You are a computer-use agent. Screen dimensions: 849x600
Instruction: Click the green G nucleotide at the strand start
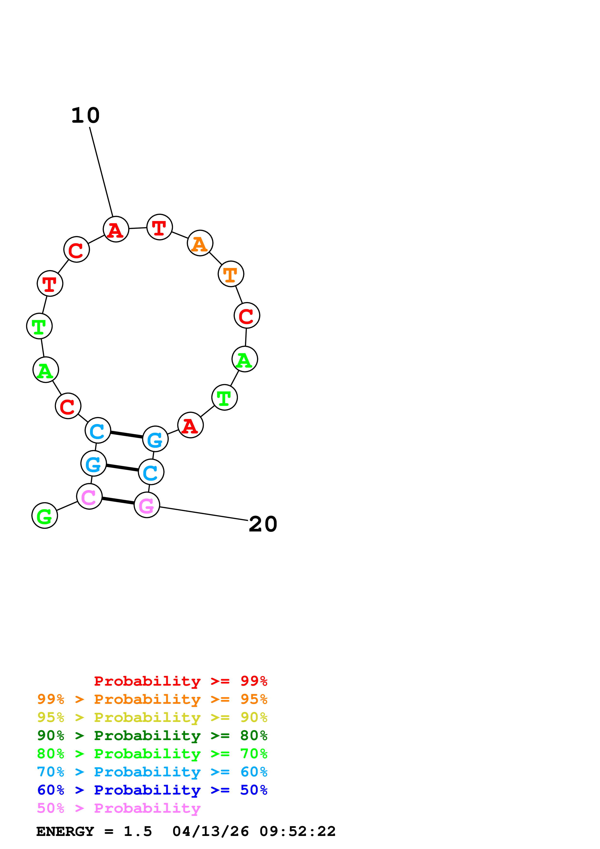coord(45,515)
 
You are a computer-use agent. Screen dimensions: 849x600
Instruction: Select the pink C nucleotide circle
coord(89,496)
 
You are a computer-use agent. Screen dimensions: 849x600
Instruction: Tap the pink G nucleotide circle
coord(147,505)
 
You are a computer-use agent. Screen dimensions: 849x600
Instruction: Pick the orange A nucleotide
coord(200,243)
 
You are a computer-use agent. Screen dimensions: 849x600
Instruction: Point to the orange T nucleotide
coord(231,274)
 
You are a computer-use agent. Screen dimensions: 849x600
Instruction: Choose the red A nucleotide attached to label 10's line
coord(116,229)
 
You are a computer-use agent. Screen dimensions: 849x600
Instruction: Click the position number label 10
coord(85,115)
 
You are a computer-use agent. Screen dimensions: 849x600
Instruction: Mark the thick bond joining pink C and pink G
coord(118,501)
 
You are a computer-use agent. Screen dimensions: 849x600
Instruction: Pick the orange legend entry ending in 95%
coord(152,699)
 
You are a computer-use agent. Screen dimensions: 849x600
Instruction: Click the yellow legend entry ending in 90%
coord(152,717)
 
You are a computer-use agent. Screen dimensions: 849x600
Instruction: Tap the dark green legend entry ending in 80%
coord(152,735)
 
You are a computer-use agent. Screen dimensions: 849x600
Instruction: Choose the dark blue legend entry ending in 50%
coord(152,790)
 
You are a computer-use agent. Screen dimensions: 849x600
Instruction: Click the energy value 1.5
coord(137,831)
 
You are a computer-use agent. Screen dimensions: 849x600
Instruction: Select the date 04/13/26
coord(210,831)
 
